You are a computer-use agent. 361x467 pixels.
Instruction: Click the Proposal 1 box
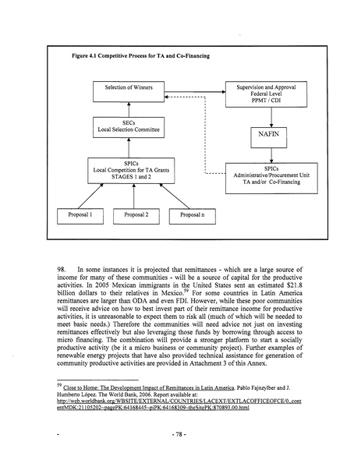(x=75, y=214)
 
